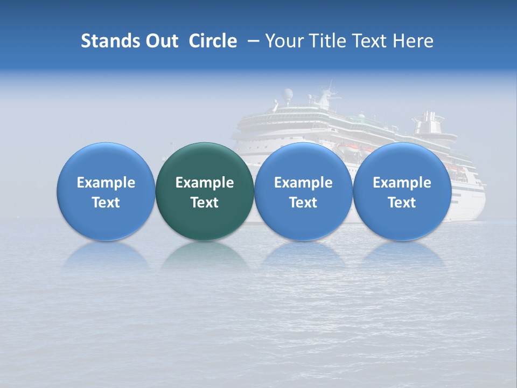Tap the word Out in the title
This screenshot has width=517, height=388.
(x=160, y=41)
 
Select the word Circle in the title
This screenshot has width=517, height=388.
(x=213, y=41)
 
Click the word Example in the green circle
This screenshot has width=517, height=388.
(x=205, y=183)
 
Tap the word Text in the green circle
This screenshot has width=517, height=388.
(x=205, y=203)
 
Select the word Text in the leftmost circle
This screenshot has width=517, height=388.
(x=106, y=203)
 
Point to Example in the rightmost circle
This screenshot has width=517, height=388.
(x=402, y=183)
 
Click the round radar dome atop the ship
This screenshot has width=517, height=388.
(x=289, y=94)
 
